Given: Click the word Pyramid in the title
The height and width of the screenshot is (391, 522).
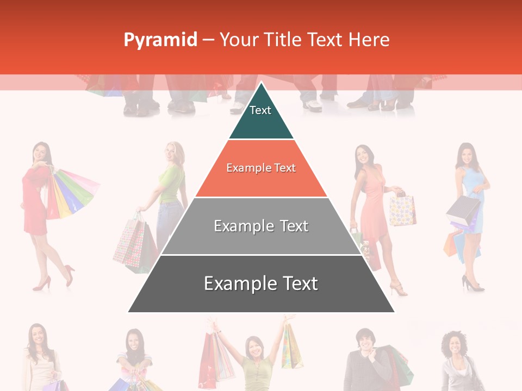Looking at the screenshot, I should [160, 40].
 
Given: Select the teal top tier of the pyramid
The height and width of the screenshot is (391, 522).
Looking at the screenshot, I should [261, 117].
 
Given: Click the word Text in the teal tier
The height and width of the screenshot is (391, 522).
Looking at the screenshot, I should [260, 110].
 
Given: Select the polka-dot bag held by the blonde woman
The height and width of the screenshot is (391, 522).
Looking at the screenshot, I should [129, 244].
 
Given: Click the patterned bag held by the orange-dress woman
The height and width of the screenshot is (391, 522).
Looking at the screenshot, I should [402, 211].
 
